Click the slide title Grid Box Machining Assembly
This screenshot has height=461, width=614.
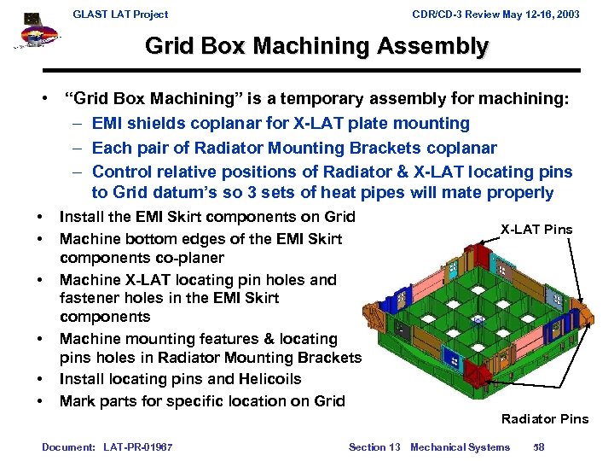[316, 45]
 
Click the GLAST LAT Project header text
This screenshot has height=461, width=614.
[120, 14]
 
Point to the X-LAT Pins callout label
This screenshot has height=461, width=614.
[536, 229]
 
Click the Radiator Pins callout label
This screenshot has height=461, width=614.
[544, 418]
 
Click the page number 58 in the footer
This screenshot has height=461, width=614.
[538, 446]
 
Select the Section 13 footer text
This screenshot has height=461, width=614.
[374, 446]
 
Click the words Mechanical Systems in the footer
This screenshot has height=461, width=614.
[460, 446]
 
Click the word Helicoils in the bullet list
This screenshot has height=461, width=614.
[264, 378]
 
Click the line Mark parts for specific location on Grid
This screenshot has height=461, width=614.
[202, 400]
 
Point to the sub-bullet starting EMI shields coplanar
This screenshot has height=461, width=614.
[281, 124]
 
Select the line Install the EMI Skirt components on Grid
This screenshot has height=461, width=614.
[207, 217]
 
